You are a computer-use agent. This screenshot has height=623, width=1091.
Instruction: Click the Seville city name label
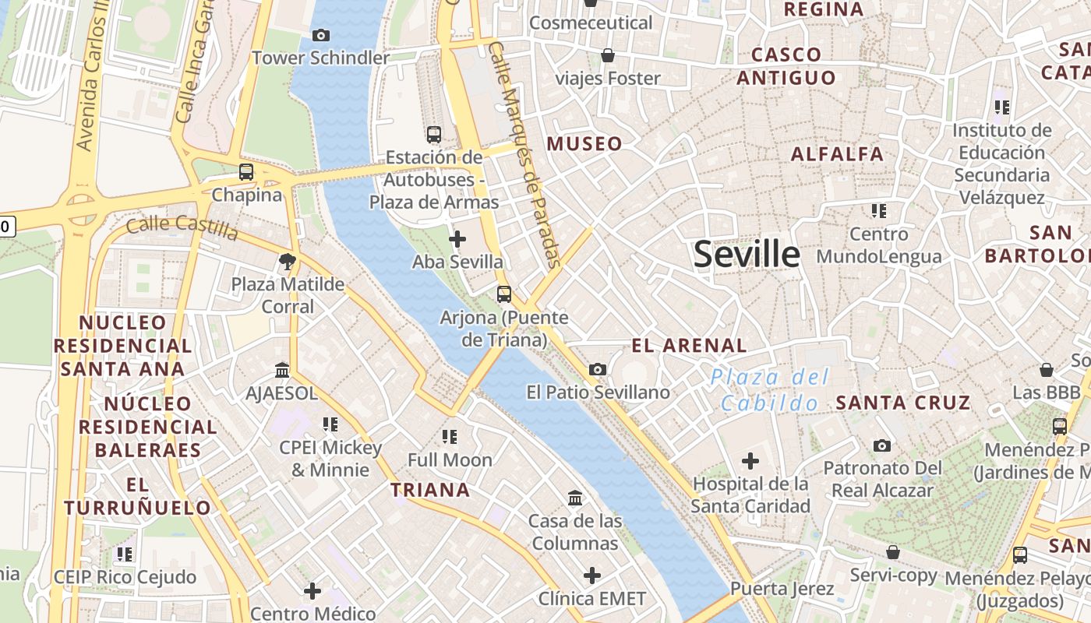click(x=747, y=255)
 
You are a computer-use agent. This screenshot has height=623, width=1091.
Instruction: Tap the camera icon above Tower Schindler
click(x=320, y=35)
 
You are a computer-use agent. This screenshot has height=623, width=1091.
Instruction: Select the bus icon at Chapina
click(x=246, y=172)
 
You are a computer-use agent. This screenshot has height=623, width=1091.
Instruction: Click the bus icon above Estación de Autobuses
click(x=434, y=135)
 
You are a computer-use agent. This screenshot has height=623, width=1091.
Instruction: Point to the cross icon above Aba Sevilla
click(x=457, y=239)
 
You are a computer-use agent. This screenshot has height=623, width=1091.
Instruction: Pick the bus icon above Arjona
click(x=504, y=294)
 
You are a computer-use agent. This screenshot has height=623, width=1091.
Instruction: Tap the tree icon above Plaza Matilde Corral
click(x=288, y=262)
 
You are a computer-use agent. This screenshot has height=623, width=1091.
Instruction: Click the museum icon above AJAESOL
click(x=282, y=371)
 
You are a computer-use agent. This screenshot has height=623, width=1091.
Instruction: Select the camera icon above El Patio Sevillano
click(x=598, y=369)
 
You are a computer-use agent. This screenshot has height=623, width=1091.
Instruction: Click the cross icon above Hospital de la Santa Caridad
click(x=750, y=461)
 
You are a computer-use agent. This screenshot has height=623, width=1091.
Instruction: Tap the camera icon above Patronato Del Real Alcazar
click(x=882, y=445)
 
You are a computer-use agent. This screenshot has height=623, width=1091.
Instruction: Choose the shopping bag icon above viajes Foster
click(x=608, y=55)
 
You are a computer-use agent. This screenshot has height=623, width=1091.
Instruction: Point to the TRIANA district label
click(x=430, y=490)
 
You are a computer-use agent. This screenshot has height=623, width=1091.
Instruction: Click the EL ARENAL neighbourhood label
click(x=689, y=345)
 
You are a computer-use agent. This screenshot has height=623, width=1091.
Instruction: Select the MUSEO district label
click(x=584, y=143)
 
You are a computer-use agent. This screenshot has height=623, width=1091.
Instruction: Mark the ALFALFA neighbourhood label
click(x=837, y=154)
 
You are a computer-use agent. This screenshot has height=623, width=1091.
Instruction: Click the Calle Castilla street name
click(x=182, y=227)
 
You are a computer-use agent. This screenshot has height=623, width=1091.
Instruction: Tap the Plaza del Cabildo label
click(x=770, y=390)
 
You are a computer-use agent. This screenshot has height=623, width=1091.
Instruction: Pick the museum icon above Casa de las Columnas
click(x=575, y=498)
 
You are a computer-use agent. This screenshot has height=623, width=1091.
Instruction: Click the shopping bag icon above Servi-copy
click(x=893, y=552)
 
